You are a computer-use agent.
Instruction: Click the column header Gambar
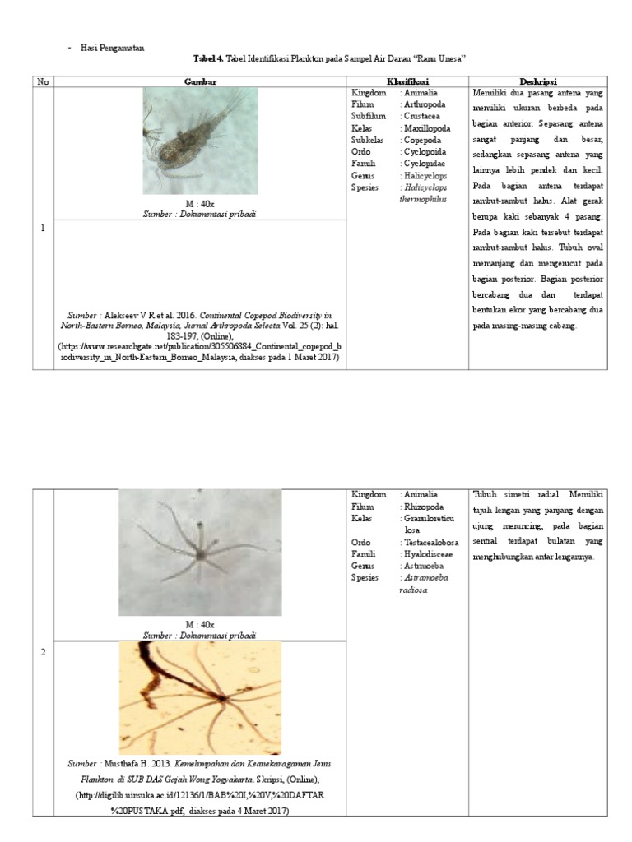click(x=200, y=81)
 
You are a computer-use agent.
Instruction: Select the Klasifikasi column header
click(x=409, y=81)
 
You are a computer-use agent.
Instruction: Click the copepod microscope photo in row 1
click(x=200, y=141)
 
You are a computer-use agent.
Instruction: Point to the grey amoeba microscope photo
click(x=200, y=552)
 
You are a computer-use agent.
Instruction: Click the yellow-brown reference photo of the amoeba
click(x=200, y=698)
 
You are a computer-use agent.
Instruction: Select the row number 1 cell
click(x=43, y=228)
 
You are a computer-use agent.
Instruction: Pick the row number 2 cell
click(x=43, y=652)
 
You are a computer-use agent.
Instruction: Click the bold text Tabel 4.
click(x=208, y=59)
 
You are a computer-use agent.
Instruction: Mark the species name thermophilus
click(x=423, y=200)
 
